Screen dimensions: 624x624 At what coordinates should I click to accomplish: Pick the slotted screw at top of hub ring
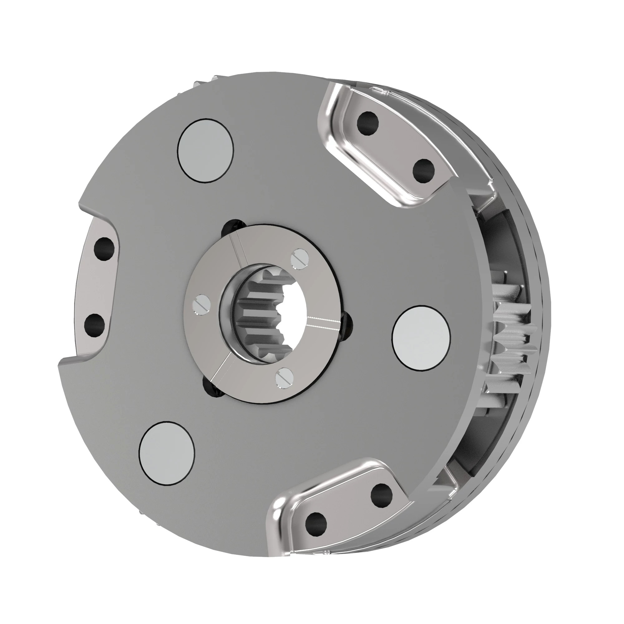pos(300,258)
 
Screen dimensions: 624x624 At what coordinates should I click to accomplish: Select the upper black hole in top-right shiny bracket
pos(368,123)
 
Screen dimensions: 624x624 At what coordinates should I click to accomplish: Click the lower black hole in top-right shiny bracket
pos(424,171)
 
